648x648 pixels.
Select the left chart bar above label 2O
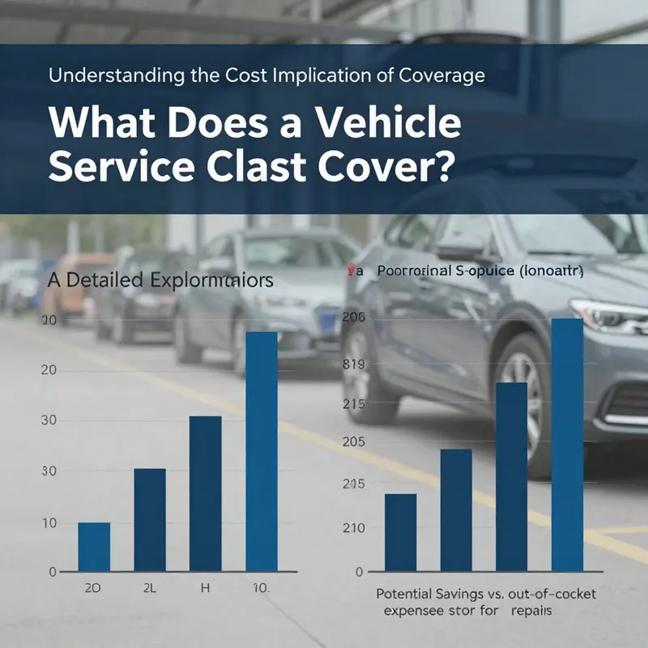[x=94, y=547]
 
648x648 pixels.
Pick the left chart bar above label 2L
[x=150, y=519]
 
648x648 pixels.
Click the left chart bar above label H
[x=205, y=493]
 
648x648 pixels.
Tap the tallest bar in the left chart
[x=261, y=451]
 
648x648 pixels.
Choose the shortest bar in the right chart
[x=400, y=532]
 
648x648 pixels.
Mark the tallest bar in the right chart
[x=567, y=445]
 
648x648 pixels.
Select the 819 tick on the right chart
[x=355, y=364]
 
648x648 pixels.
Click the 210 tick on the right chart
[x=355, y=527]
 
